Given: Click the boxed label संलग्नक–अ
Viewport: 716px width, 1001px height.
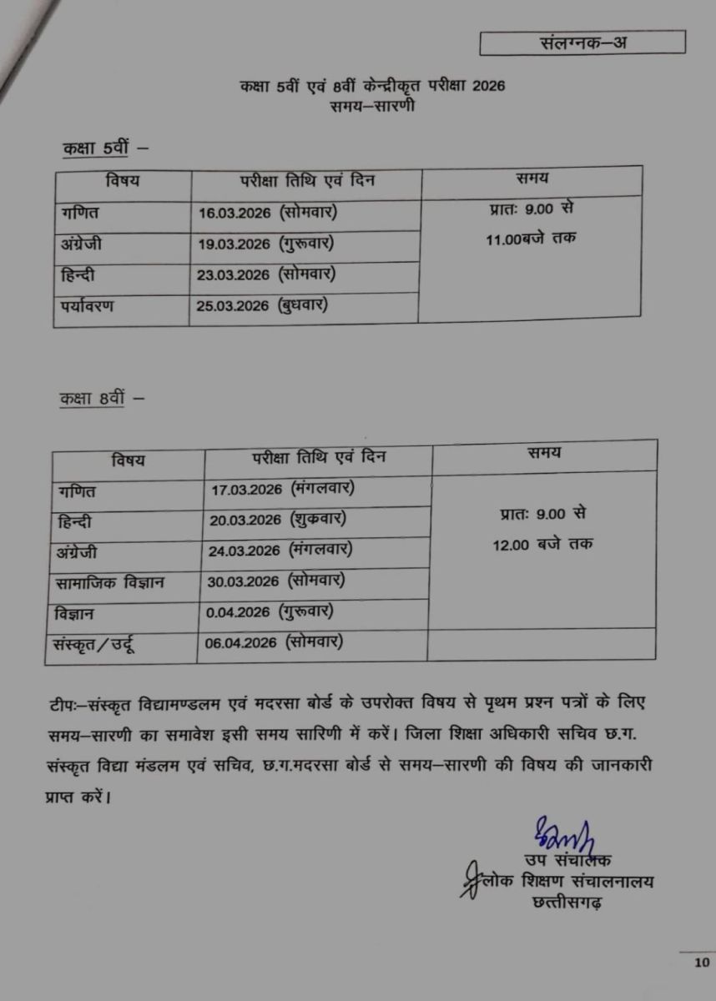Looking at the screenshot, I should coord(582,43).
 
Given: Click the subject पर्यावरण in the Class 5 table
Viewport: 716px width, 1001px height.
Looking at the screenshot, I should coord(87,306).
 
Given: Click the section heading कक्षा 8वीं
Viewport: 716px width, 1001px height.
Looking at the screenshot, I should coord(92,399).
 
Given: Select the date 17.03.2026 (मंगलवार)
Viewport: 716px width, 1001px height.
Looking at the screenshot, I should coord(284,488).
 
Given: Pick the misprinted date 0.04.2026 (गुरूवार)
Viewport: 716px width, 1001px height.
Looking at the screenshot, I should coord(271,612).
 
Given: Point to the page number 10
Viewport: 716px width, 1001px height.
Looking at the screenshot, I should coord(699,963).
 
